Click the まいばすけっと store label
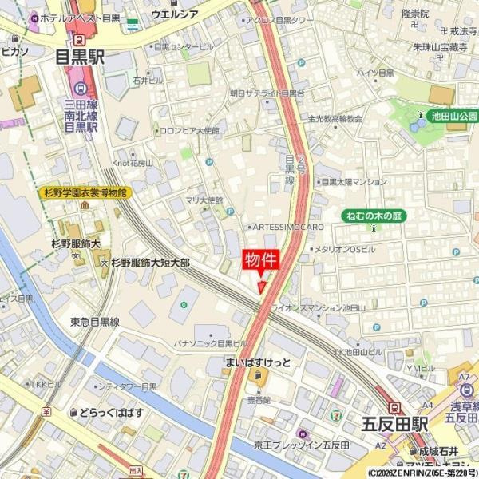(x=257, y=363)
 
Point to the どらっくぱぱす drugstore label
(x=111, y=412)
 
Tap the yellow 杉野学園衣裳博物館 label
(x=83, y=192)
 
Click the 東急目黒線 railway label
(x=94, y=322)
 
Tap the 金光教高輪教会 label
(x=335, y=119)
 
